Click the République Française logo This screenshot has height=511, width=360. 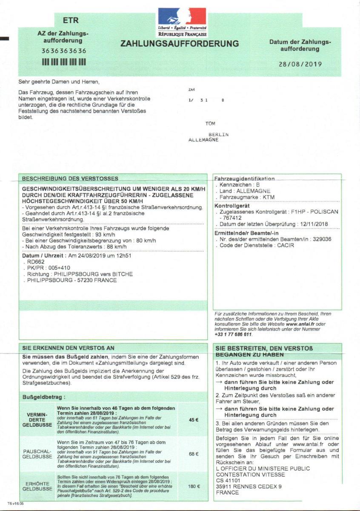[182, 22]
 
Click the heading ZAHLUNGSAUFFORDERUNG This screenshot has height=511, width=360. [180, 44]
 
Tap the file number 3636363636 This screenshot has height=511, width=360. [64, 51]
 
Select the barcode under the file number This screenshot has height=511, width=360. [64, 62]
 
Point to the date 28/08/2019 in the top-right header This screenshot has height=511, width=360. [300, 64]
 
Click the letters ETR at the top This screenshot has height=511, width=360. [71, 20]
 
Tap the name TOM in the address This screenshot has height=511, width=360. [210, 124]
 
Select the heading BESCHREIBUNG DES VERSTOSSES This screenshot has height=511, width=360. [70, 178]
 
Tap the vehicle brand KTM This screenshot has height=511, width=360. [269, 198]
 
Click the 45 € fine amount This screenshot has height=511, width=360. [194, 419]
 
